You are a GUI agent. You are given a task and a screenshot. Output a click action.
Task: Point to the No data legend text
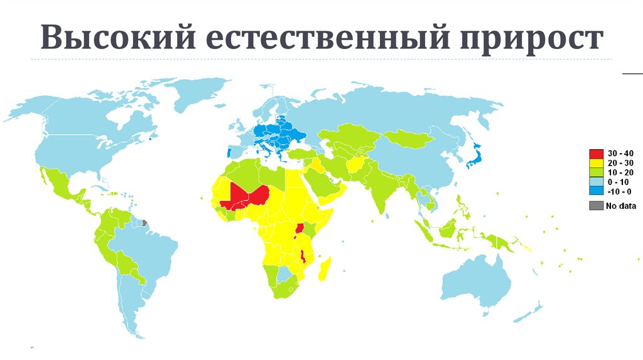coord(620,205)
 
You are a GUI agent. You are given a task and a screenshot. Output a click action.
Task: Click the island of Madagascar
coord(325,272)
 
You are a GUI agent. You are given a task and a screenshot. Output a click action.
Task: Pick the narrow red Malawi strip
coord(302,257)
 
